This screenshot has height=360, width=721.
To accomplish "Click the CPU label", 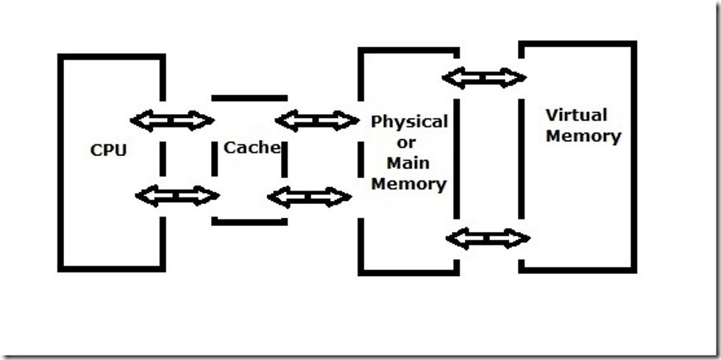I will pyautogui.click(x=109, y=150).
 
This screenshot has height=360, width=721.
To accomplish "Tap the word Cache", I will pyautogui.click(x=252, y=147).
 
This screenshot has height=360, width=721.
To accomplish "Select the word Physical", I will pyautogui.click(x=409, y=121).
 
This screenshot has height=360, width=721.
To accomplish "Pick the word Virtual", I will pyautogui.click(x=576, y=115).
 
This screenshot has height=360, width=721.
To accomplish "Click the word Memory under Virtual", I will pyautogui.click(x=583, y=136).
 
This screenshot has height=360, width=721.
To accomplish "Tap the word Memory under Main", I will pyautogui.click(x=409, y=183).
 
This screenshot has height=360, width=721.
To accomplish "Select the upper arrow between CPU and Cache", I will pyautogui.click(x=171, y=120).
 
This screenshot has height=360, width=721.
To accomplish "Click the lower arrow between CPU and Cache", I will pyautogui.click(x=177, y=196).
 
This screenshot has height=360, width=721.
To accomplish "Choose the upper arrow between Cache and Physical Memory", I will pyautogui.click(x=316, y=120).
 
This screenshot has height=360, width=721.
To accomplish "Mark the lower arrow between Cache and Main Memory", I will pyautogui.click(x=309, y=197).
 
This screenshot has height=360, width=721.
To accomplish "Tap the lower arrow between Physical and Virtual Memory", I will pyautogui.click(x=488, y=239).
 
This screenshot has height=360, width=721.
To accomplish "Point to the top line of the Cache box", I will pyautogui.click(x=249, y=97).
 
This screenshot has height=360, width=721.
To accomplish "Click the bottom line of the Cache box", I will pyautogui.click(x=249, y=221).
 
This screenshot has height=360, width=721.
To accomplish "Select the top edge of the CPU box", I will pyautogui.click(x=110, y=57).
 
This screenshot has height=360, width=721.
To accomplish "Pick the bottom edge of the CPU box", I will pyautogui.click(x=110, y=268).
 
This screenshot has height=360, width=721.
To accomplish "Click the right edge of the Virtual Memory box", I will pyautogui.click(x=633, y=156).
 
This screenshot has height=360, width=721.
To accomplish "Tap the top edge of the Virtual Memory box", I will pyautogui.click(x=577, y=44).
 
